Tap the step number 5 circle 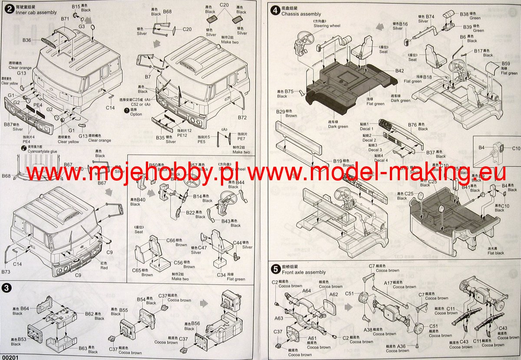(275, 269)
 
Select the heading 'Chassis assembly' (301, 14)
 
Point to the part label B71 (65, 19)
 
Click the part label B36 (27, 40)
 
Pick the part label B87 (8, 125)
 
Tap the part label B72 (242, 118)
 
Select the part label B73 (6, 271)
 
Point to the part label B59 (506, 63)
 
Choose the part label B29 (280, 112)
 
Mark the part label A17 (388, 283)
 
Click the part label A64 (307, 291)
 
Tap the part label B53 (22, 339)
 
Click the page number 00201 (10, 357)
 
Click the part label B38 (464, 14)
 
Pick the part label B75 (290, 91)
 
